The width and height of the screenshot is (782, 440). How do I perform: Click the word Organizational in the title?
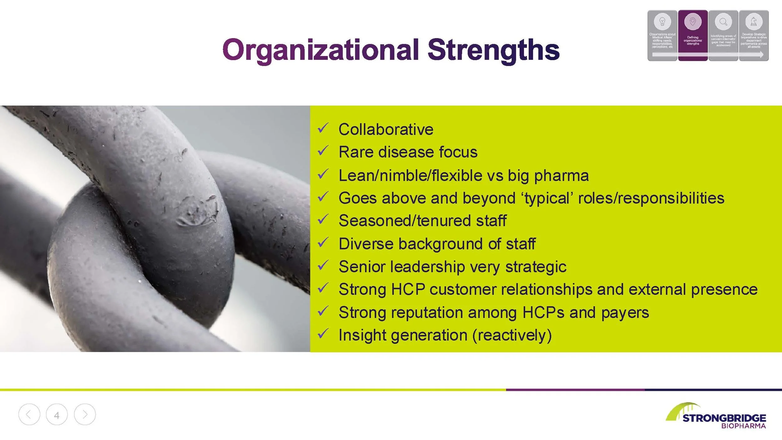(x=321, y=50)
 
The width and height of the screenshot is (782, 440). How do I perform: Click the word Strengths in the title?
(x=493, y=50)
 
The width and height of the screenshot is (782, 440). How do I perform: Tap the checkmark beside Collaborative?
(x=322, y=128)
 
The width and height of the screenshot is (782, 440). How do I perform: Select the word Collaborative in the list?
(x=386, y=130)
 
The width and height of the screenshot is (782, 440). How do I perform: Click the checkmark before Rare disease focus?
(x=322, y=151)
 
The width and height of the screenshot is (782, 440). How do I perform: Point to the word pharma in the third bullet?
(x=561, y=176)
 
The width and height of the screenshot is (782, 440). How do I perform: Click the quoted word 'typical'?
(x=547, y=198)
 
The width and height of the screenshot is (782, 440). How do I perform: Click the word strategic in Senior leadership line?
(x=536, y=267)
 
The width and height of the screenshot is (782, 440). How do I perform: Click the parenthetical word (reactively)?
(x=512, y=335)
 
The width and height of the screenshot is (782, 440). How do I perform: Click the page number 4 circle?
(x=57, y=415)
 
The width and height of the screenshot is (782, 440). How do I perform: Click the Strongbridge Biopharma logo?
(x=716, y=416)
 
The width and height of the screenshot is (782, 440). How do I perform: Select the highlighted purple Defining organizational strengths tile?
(x=693, y=35)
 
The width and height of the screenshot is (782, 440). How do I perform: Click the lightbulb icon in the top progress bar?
(x=662, y=22)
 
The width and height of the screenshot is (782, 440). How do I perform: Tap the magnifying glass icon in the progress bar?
(x=723, y=22)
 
